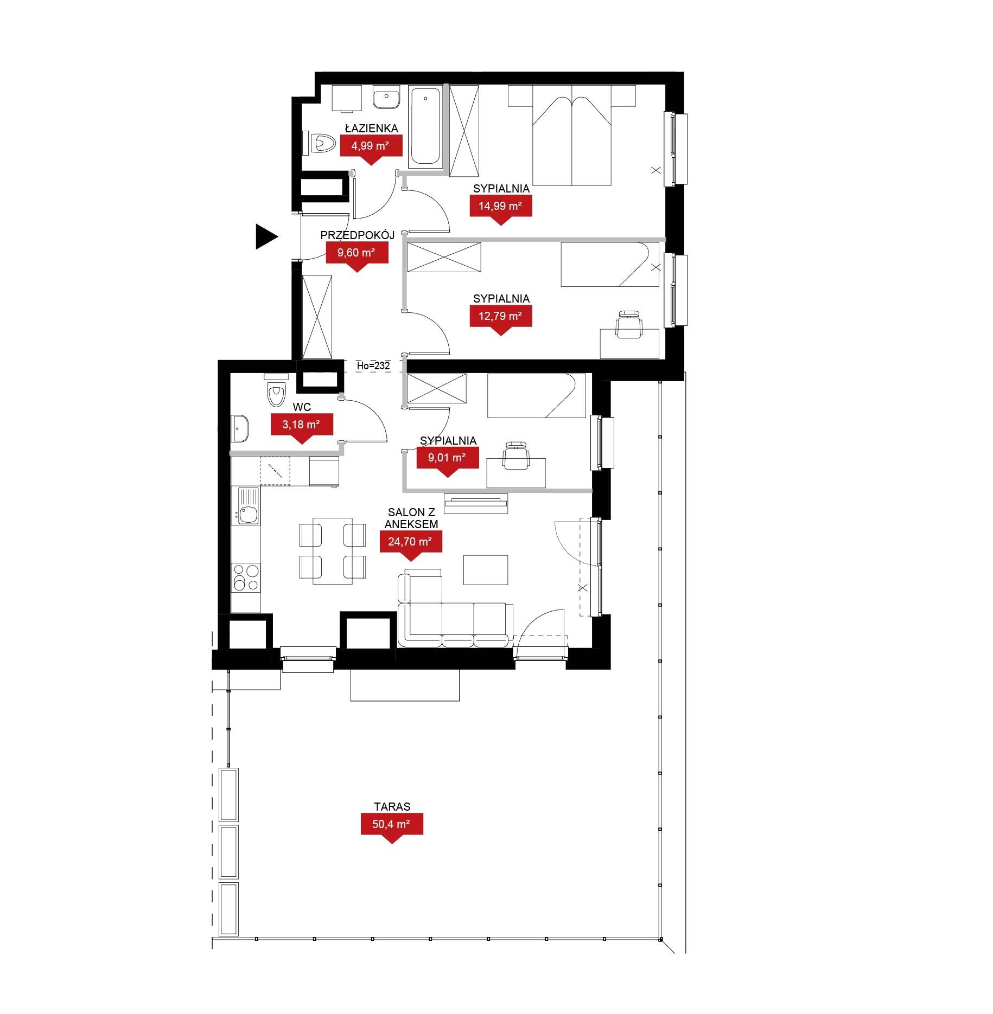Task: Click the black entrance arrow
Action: click(265, 236)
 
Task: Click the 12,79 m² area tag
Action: click(500, 318)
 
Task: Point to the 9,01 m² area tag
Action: click(447, 460)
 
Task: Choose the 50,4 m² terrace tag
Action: click(392, 827)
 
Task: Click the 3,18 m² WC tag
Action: click(302, 427)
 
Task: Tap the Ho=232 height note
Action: click(373, 366)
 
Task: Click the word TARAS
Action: click(392, 807)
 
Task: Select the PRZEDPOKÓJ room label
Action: click(357, 235)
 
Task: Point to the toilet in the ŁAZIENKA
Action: click(320, 144)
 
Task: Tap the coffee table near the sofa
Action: click(486, 570)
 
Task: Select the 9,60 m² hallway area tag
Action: click(357, 255)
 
